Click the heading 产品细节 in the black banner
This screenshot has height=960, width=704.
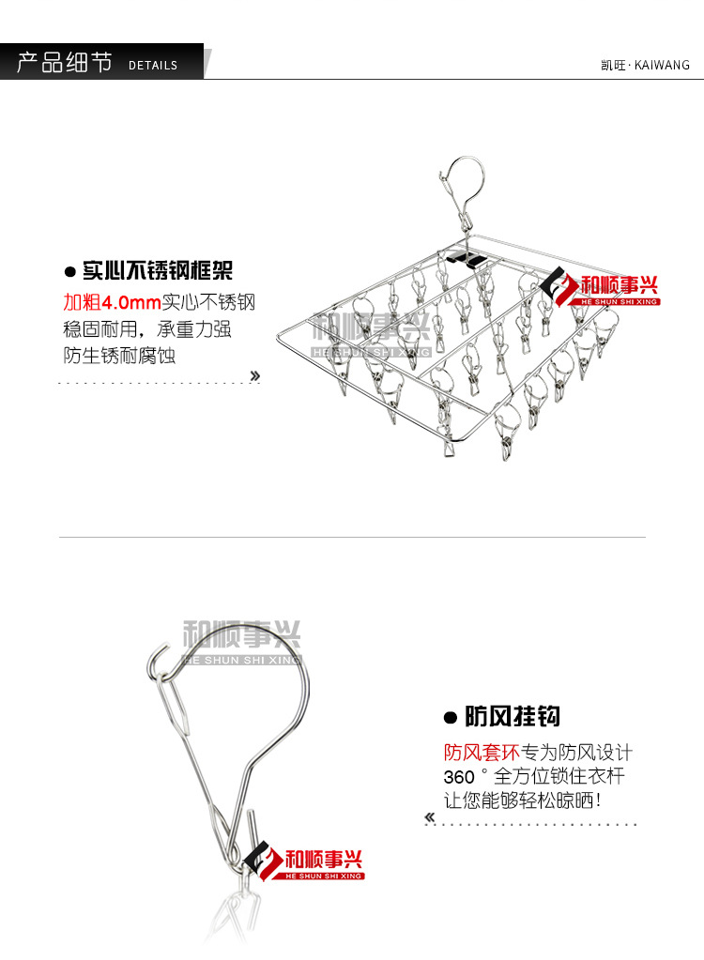coord(64,63)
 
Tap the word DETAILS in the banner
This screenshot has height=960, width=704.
coord(153,66)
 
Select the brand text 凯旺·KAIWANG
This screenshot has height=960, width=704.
coord(644,65)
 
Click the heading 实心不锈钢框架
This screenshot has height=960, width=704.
coord(157,272)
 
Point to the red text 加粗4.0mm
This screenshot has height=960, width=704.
coord(112,302)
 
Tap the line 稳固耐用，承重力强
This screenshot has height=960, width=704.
coord(147,329)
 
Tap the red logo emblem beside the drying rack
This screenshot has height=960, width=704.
coord(561,287)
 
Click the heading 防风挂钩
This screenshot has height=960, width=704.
coord(513,718)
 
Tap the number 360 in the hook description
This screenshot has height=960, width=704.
coord(459,778)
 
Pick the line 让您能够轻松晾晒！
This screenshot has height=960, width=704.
coord(523,801)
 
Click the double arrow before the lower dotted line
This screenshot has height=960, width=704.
coord(431,817)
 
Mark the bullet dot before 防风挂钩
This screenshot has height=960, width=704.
coord(450,719)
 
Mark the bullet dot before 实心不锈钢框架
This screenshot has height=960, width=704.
coord(69,273)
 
